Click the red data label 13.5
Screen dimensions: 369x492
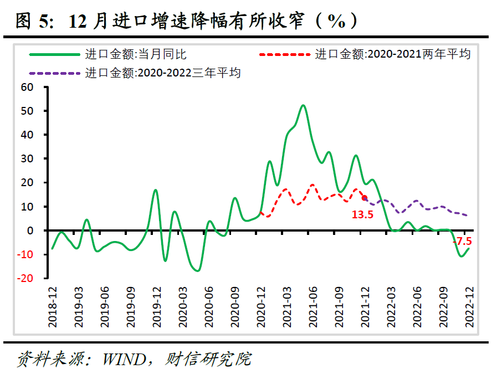(x=362, y=214)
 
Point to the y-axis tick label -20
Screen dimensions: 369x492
(x=26, y=278)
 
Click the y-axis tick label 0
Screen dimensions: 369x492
(x=31, y=230)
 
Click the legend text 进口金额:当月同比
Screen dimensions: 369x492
(x=135, y=54)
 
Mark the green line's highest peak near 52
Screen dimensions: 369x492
(x=303, y=105)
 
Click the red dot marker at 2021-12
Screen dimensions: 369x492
(x=364, y=198)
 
